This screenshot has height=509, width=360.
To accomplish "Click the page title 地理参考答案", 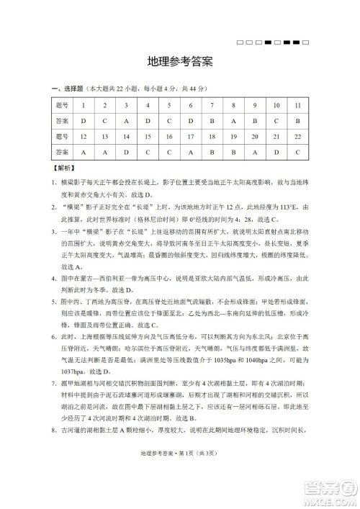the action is pos(179,62).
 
